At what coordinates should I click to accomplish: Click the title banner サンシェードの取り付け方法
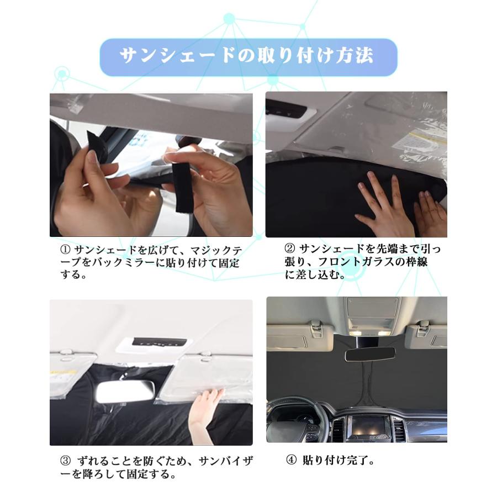click(x=248, y=57)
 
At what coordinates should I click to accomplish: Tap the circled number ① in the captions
click(x=65, y=250)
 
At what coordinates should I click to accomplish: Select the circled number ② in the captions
click(x=290, y=248)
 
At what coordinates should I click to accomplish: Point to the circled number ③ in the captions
click(x=65, y=461)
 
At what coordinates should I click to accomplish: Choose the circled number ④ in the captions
click(x=291, y=460)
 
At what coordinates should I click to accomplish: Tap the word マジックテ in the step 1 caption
click(x=216, y=251)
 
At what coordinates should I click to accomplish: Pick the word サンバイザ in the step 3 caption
click(x=226, y=461)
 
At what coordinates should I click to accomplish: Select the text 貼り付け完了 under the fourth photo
click(x=335, y=460)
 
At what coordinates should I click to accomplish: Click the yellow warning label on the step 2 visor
click(x=415, y=142)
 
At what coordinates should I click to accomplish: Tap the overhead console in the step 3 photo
click(x=154, y=345)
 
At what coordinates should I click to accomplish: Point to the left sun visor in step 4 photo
click(x=300, y=337)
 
